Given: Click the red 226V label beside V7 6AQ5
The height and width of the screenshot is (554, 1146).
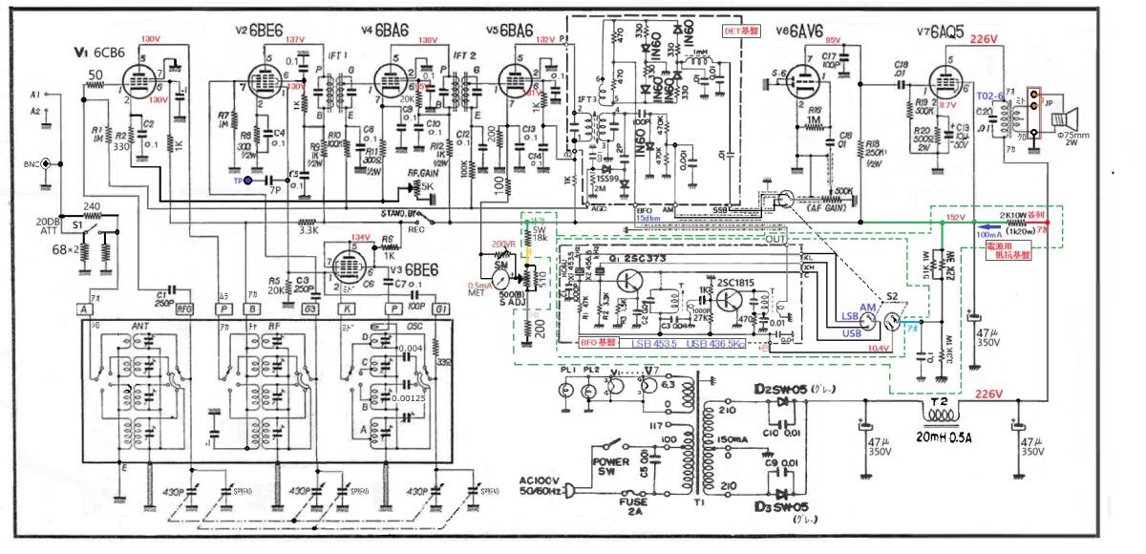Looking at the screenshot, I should click(984, 40).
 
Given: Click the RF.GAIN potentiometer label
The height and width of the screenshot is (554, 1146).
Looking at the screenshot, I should click(425, 173).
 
